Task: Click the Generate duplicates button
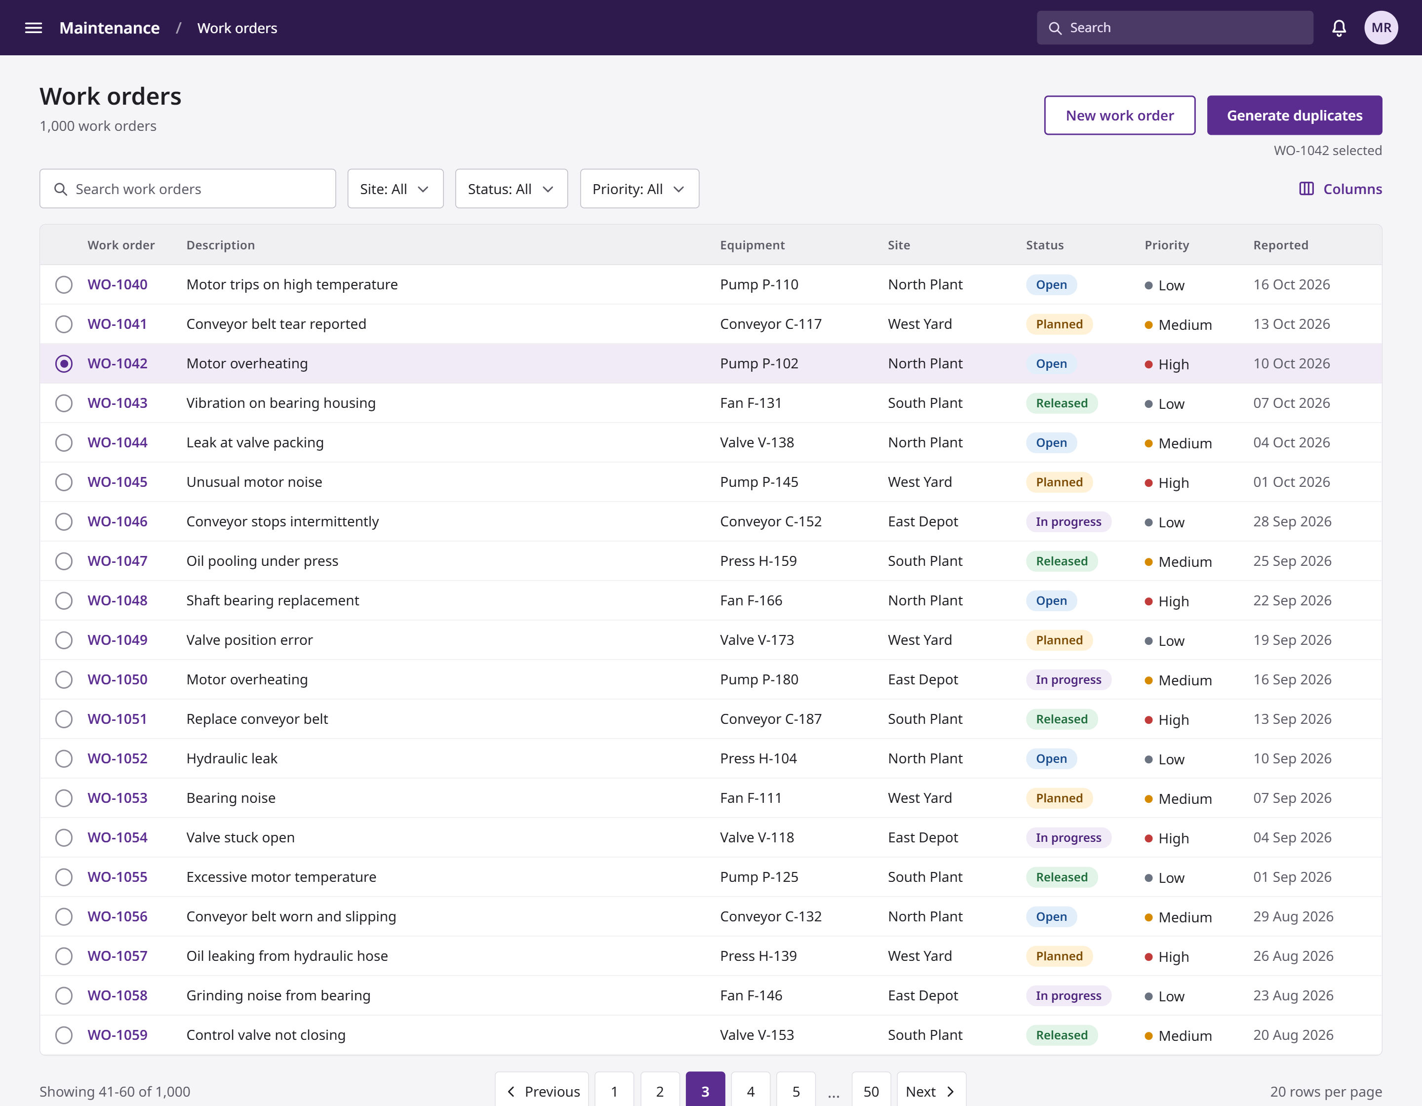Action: (1295, 115)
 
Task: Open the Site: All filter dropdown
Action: (395, 189)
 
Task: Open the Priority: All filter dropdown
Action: (639, 189)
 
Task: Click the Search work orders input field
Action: (188, 189)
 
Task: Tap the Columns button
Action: (1340, 189)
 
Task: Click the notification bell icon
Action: (1339, 28)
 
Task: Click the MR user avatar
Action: (1381, 28)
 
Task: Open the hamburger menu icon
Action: (33, 28)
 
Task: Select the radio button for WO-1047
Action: (64, 561)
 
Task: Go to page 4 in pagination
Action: (750, 1091)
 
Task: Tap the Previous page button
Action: (542, 1091)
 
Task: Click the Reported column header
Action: (1280, 245)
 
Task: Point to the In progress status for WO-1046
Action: (1068, 521)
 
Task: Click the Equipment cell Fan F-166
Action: (750, 600)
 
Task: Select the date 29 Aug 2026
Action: (1293, 916)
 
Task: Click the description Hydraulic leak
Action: (232, 758)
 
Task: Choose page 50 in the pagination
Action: (871, 1091)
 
